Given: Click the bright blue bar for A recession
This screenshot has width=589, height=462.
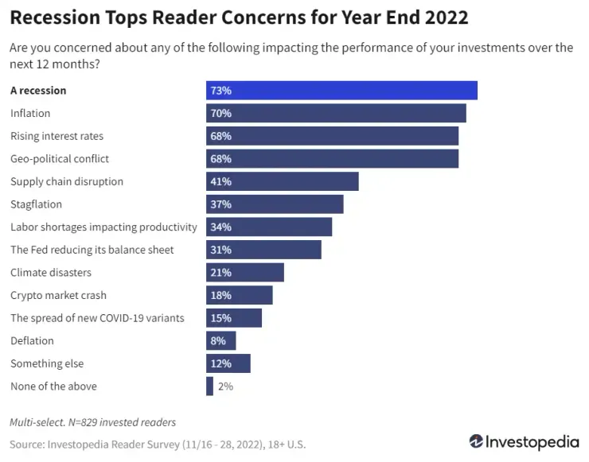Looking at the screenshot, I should point(341,91).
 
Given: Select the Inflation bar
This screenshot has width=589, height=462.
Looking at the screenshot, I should point(336,114).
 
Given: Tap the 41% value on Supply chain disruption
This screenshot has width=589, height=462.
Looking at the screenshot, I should point(220,182).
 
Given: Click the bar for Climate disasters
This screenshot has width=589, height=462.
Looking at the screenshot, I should point(245,273).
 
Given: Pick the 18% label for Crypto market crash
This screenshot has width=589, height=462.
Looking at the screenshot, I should point(220,296).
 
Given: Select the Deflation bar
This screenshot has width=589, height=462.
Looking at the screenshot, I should point(221,341).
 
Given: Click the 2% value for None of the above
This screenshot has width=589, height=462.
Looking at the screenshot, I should point(225,387).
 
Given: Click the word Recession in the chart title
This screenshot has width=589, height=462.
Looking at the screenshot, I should point(55,17).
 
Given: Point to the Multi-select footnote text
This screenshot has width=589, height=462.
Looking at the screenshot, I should point(92,422).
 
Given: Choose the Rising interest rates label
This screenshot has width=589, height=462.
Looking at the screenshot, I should point(57,136).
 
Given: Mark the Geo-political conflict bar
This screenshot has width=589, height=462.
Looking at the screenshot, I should point(332,159).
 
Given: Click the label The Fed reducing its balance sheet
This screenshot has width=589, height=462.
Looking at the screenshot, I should point(92,250).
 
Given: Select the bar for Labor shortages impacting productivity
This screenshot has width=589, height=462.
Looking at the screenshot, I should point(269,227).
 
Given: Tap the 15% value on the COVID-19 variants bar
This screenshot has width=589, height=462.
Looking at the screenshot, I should point(220,318).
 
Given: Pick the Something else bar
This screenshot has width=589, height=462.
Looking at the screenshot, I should point(228,364).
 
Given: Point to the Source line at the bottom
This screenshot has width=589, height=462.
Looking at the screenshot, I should point(158,445).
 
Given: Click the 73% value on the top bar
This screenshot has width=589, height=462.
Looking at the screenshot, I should point(220,91).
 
